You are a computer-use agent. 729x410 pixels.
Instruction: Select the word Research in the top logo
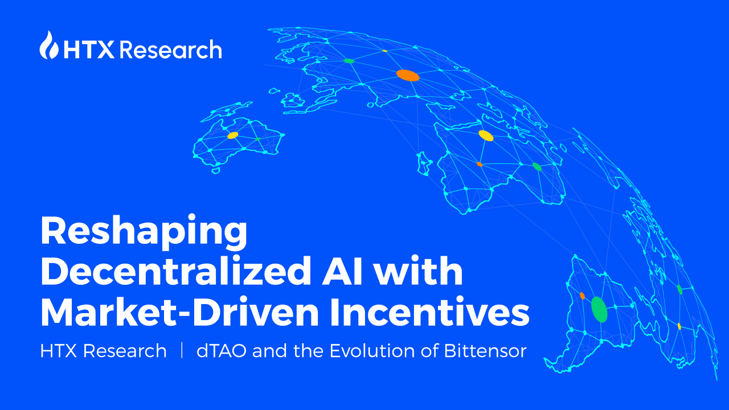171,50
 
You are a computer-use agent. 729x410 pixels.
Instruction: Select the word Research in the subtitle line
125,351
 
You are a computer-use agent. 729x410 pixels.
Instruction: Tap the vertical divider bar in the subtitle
182,351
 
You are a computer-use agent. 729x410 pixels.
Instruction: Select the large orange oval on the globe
408,75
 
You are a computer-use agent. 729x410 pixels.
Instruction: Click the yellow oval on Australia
232,136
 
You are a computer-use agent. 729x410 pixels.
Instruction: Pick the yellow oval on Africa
486,136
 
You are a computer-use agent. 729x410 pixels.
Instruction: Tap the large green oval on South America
599,310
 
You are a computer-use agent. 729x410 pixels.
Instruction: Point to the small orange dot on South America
582,296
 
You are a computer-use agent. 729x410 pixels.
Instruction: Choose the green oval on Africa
536,166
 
